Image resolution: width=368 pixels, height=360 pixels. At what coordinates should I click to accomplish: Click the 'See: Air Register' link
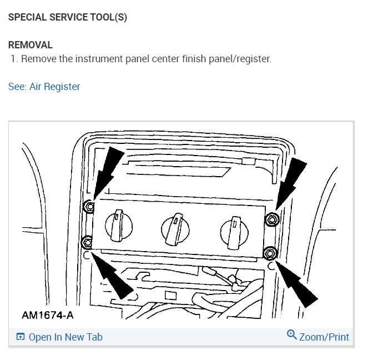point(44,87)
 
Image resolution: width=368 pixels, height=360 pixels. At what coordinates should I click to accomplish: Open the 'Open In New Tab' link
point(65,337)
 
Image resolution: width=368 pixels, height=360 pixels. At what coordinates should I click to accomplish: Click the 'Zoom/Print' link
point(324,337)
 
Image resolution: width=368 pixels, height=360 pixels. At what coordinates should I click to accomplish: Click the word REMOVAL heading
point(31,45)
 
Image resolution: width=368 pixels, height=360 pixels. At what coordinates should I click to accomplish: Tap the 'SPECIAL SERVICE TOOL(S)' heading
point(68,17)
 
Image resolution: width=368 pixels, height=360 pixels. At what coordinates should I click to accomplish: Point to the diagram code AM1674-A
point(48,316)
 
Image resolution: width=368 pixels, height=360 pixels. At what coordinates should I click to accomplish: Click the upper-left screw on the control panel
point(88,207)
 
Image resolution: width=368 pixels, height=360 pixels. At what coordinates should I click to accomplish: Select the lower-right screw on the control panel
point(270,253)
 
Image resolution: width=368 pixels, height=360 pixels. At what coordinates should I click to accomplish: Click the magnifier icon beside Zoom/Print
point(292,334)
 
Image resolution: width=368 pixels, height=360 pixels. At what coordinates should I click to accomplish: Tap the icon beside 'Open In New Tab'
point(21,337)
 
